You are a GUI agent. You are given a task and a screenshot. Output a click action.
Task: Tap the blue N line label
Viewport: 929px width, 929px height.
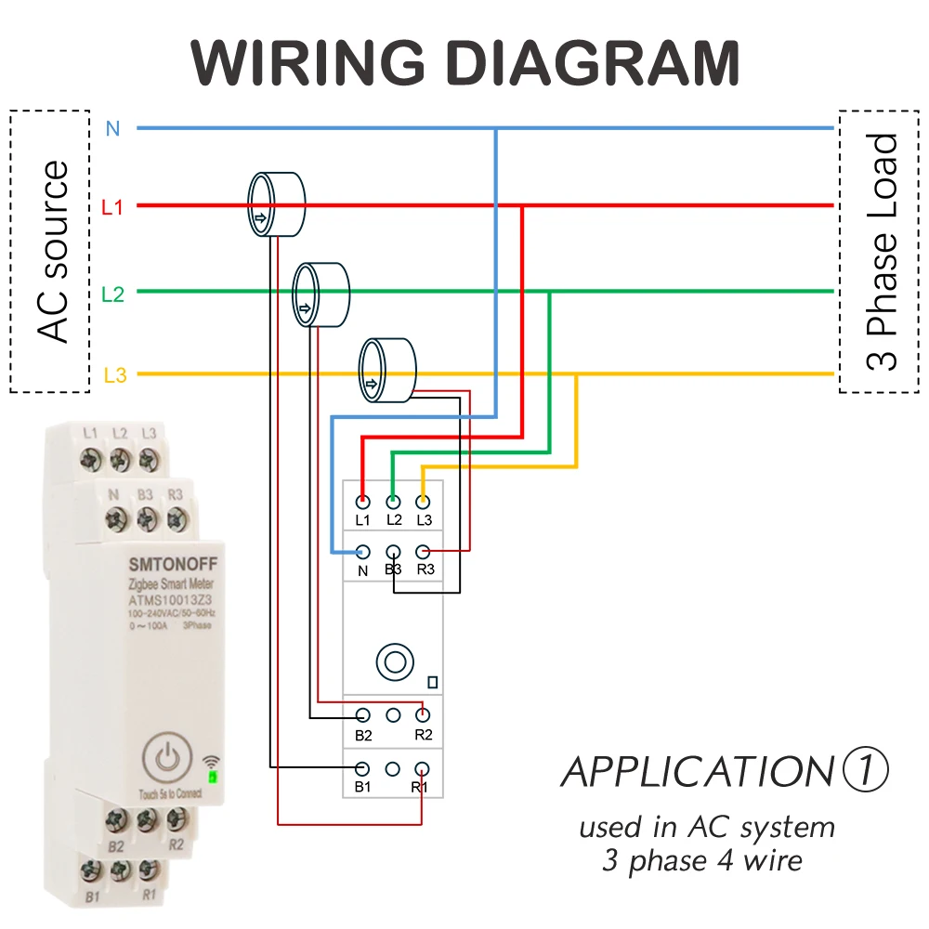(x=112, y=128)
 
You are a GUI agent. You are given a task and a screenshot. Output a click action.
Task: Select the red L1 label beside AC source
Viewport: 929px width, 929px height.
(x=112, y=207)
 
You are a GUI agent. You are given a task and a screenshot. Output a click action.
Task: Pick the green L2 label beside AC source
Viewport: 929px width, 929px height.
(x=112, y=294)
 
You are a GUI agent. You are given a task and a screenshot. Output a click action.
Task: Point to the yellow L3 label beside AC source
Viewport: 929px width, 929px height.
(x=115, y=375)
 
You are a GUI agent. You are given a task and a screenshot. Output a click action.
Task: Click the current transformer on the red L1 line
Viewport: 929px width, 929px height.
(x=276, y=204)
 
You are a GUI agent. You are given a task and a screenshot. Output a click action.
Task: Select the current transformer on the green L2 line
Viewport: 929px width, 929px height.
(x=321, y=294)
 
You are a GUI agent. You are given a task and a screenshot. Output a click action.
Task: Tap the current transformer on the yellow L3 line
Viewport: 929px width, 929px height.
(x=387, y=371)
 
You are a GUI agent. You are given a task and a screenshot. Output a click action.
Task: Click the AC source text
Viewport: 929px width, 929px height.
(x=52, y=252)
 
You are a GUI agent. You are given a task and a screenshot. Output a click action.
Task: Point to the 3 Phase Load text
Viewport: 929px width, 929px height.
(x=881, y=253)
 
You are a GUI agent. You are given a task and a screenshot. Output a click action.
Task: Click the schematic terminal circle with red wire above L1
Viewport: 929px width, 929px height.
(x=362, y=503)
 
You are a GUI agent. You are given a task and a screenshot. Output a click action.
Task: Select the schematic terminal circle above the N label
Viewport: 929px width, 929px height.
(x=362, y=552)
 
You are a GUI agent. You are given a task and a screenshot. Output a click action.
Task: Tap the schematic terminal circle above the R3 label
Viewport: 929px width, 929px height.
(x=423, y=552)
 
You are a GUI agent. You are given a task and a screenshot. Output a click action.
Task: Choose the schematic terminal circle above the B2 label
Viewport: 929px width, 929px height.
(x=362, y=715)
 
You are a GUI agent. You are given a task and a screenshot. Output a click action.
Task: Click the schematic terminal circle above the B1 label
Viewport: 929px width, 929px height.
(x=362, y=769)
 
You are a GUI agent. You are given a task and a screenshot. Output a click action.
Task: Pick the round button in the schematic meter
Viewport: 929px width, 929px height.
(x=395, y=661)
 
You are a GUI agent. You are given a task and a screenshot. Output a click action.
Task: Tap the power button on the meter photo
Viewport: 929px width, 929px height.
(x=167, y=756)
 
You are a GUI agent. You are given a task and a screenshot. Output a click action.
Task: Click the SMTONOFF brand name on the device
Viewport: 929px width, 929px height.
(x=173, y=564)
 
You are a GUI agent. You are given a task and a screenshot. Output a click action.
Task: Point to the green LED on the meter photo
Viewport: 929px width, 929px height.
(x=212, y=776)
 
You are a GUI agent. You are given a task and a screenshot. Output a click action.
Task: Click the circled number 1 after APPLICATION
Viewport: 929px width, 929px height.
(x=866, y=769)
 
